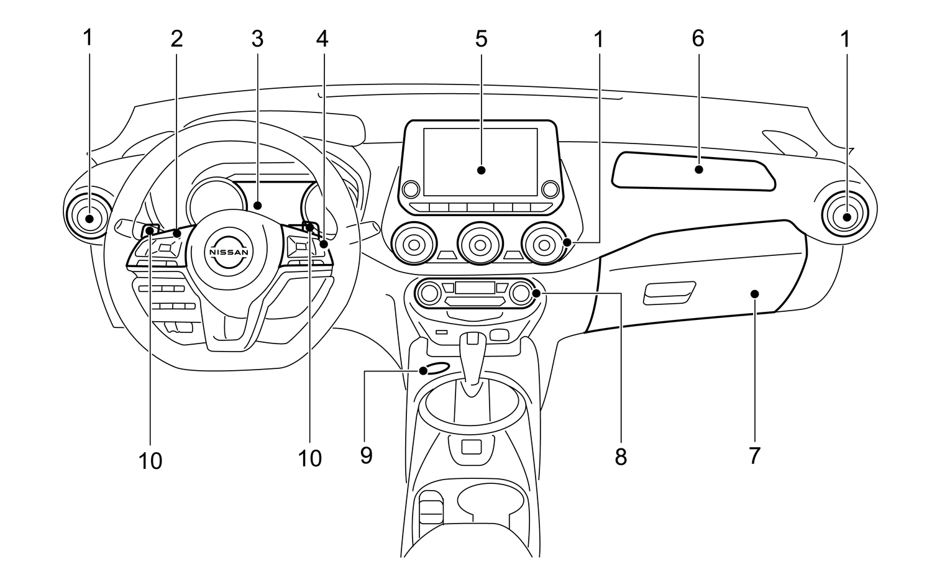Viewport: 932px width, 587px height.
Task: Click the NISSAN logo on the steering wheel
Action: (x=229, y=253)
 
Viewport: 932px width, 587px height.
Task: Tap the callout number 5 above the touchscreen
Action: (x=482, y=39)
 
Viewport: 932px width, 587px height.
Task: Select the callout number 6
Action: (x=698, y=39)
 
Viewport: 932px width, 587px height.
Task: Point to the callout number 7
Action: (x=754, y=455)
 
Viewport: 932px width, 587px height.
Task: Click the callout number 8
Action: (x=621, y=458)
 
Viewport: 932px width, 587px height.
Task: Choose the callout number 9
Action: (x=367, y=455)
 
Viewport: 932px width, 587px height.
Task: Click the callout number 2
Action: (x=177, y=39)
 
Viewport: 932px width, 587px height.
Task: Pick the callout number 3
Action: (x=257, y=39)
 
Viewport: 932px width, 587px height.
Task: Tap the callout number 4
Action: (x=322, y=39)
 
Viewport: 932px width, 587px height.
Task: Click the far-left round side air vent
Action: (x=89, y=217)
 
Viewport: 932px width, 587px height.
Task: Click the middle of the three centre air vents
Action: (x=479, y=243)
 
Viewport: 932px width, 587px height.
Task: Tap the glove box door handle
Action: (x=669, y=293)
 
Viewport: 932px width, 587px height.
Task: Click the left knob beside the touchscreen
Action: (x=410, y=189)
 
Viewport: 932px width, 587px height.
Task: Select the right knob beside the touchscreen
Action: (x=550, y=188)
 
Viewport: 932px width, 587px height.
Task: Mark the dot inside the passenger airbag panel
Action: (x=699, y=169)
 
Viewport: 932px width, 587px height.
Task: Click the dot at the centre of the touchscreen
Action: (x=481, y=170)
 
